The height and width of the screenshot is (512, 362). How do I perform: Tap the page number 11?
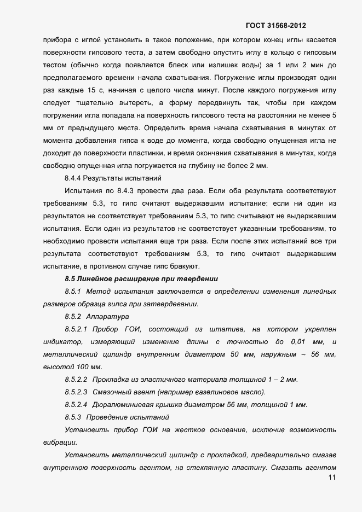tap(331, 478)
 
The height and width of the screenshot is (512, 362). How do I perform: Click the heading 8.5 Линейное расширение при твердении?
tap(141, 279)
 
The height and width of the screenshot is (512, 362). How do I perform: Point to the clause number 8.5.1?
tap(73, 292)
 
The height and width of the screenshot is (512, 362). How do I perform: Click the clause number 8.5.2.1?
tap(76, 329)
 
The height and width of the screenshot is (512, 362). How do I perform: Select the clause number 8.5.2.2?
tap(76, 380)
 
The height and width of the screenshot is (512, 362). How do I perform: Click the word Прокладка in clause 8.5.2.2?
tap(111, 380)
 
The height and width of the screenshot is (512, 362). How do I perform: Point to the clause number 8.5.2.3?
tap(76, 392)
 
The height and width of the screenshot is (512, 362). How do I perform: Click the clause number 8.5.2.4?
tap(76, 405)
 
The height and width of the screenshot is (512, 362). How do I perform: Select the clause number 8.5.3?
tap(73, 417)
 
